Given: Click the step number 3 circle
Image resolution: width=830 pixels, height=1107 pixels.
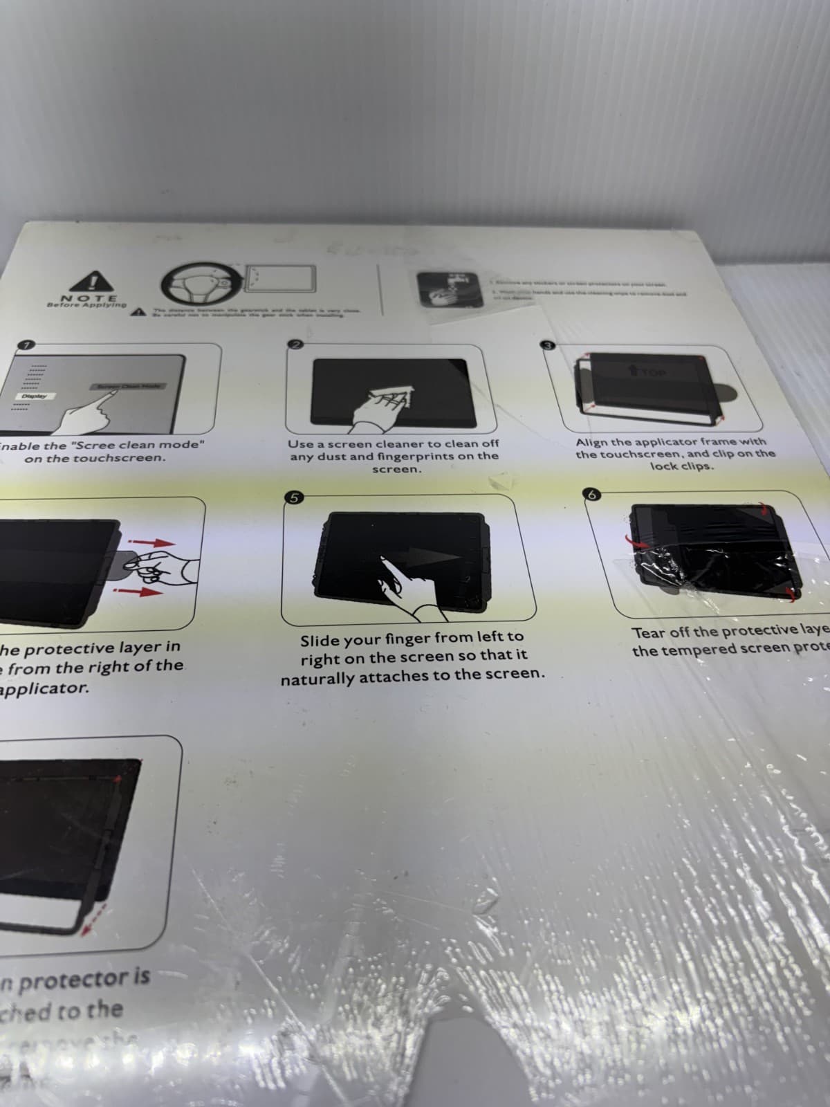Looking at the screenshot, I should coord(549,345).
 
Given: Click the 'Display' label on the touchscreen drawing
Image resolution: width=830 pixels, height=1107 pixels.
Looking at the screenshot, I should coord(34,396).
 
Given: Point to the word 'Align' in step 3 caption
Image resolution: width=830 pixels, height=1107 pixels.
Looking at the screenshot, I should coord(592,441).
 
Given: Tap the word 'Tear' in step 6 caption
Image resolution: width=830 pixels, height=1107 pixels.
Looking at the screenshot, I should coord(647,633).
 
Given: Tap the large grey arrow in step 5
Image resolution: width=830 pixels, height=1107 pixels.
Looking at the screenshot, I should coord(432,557).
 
